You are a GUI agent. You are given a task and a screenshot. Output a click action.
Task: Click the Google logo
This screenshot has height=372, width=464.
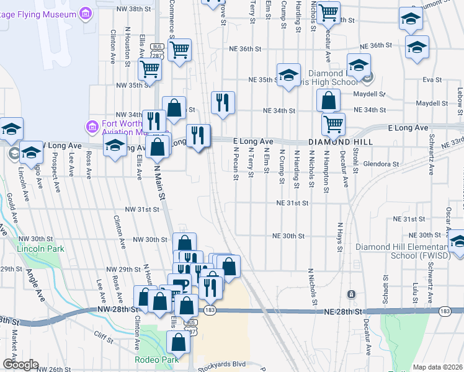click(20, 365)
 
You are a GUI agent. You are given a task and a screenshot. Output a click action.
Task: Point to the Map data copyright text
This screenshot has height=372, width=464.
click(437, 367)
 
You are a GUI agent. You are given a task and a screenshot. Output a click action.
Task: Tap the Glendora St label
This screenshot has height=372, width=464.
click(383, 164)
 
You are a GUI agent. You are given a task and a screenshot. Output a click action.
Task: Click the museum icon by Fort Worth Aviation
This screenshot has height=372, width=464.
click(92, 126)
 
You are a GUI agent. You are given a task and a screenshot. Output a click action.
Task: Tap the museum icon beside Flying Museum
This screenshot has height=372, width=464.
click(86, 13)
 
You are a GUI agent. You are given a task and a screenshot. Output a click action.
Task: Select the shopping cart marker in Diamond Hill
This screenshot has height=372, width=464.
click(333, 123)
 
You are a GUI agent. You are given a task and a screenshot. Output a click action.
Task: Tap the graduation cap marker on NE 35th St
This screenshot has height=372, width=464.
click(288, 75)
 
